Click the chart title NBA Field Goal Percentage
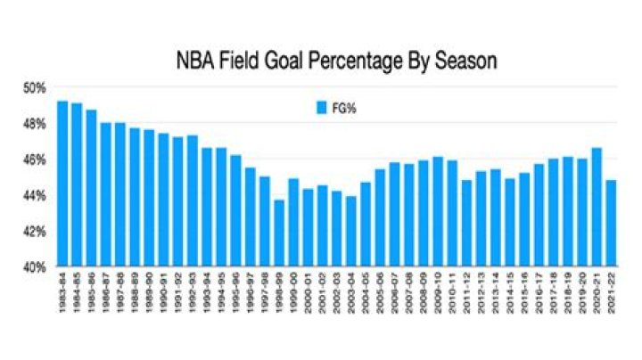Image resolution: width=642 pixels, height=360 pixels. [294, 62]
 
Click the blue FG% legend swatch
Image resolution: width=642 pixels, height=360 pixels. [324, 108]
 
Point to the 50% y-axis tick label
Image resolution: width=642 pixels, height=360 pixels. [34, 88]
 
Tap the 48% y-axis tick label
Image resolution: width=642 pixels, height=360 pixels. [34, 124]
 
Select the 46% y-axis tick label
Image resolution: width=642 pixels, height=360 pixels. [34, 160]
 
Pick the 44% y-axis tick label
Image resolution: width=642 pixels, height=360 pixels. [34, 195]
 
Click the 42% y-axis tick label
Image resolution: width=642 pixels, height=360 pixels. [34, 232]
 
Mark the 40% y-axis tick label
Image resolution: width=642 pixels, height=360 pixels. [34, 267]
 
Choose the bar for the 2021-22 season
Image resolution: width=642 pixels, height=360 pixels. [611, 224]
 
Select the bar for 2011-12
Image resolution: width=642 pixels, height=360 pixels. [466, 224]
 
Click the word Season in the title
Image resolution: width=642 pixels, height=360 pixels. [458, 62]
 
